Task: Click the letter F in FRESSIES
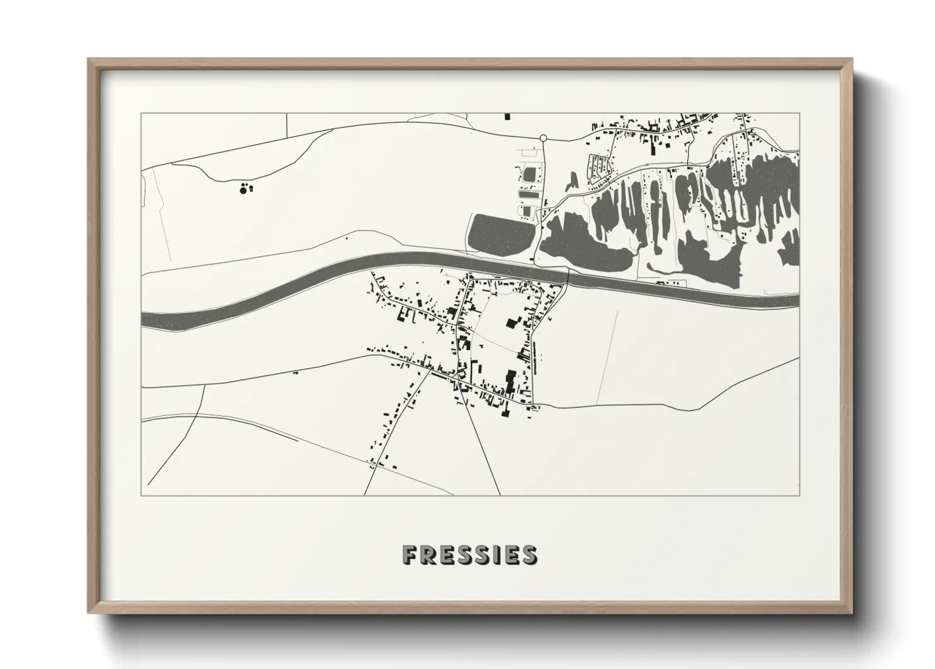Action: pyautogui.click(x=409, y=555)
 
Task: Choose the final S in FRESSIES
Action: pyautogui.click(x=529, y=555)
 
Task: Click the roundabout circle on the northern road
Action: pyautogui.click(x=543, y=137)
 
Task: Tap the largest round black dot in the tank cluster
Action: pyautogui.click(x=243, y=189)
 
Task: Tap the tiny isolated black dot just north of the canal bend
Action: pyautogui.click(x=346, y=238)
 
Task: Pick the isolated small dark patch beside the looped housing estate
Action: pyautogui.click(x=572, y=181)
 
